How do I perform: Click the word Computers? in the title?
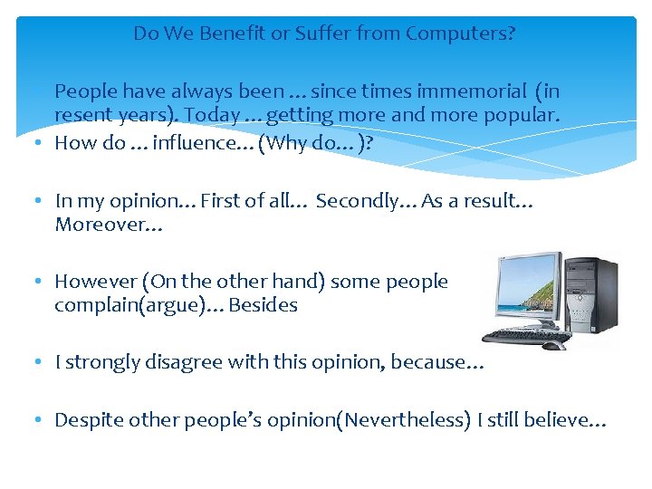(461, 34)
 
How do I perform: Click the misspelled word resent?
(82, 116)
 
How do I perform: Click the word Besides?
(263, 305)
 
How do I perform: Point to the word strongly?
(103, 362)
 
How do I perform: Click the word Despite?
(87, 420)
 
